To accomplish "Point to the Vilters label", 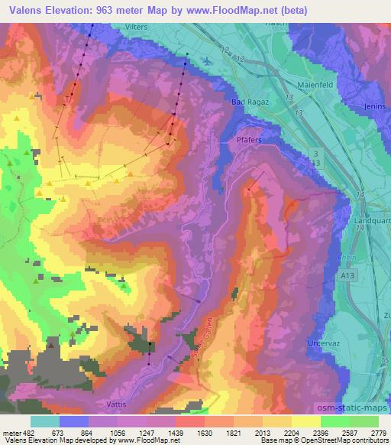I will coord(134,27).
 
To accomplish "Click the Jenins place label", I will coord(376,106).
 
